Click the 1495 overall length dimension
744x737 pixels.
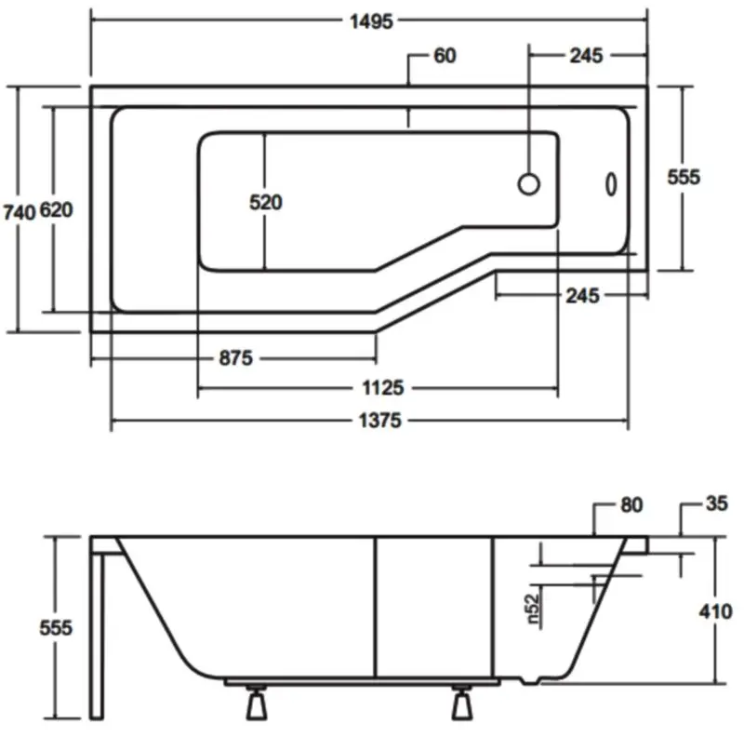coord(371,21)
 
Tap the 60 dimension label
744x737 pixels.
coord(445,56)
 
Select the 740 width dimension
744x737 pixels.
coord(20,212)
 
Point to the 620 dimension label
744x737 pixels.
coord(56,210)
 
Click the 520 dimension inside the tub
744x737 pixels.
coord(266,202)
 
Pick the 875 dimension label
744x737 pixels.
coord(236,358)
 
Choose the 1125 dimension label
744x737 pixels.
coord(382,388)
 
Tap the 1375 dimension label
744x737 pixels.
coord(379,421)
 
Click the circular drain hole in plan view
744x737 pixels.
coord(528,184)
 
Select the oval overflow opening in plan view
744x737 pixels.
coord(611,183)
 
